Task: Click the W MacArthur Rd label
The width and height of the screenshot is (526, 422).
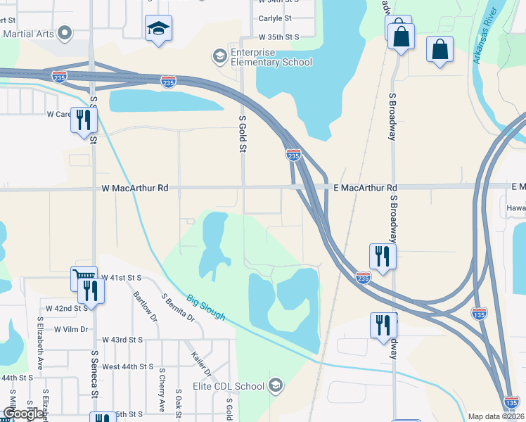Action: (135, 188)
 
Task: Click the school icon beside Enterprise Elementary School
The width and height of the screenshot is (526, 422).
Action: (220, 56)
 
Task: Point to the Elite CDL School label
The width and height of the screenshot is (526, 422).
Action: (229, 386)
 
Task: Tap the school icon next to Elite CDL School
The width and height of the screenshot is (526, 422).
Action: (276, 385)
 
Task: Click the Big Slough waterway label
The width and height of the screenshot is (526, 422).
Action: (206, 307)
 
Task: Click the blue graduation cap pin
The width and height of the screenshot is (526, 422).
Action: (158, 29)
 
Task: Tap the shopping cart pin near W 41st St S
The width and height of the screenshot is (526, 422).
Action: (84, 278)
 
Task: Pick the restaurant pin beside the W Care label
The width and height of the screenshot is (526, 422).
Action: (84, 120)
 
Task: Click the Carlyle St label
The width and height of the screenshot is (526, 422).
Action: (275, 18)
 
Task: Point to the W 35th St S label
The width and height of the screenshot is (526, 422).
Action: (279, 36)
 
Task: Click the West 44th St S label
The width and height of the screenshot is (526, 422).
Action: (127, 366)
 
